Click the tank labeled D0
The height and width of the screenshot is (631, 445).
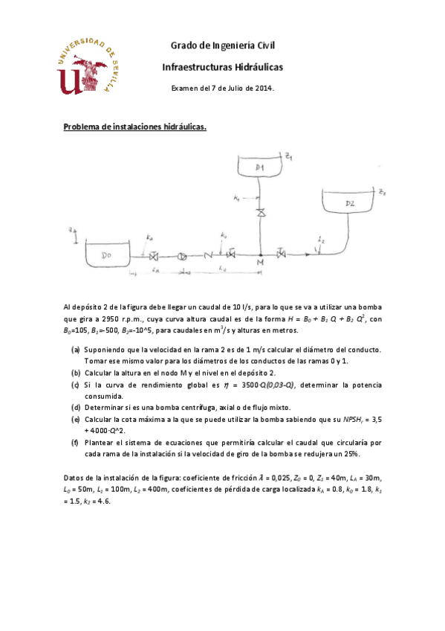pos(108,255)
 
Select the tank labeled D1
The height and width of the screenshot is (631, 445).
pos(260,168)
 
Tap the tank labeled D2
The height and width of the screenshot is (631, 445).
pos(350,203)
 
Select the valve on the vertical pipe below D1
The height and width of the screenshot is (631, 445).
pos(260,214)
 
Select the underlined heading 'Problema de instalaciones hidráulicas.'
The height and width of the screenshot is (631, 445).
pos(134,126)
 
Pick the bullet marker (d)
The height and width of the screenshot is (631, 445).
pos(76,408)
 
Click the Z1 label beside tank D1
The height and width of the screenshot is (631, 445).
pos(289,157)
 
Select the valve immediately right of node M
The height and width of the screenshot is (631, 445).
pos(281,255)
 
